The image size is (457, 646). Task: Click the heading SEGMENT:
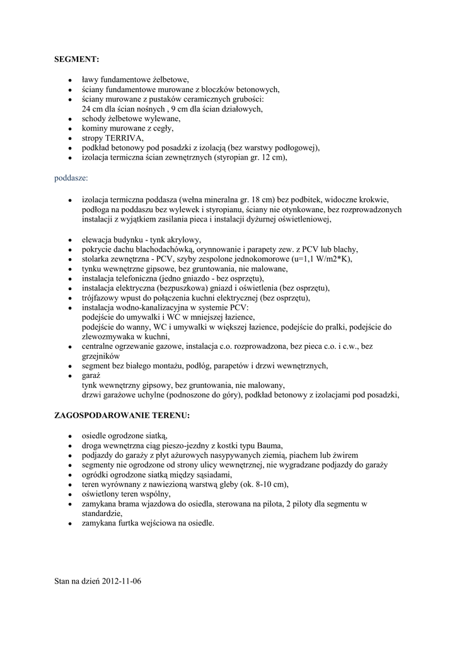point(77,59)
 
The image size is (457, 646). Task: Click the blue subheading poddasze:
point(71,179)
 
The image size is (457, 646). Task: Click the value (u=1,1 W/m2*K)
point(303,259)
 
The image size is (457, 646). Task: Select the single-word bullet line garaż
point(91,375)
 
